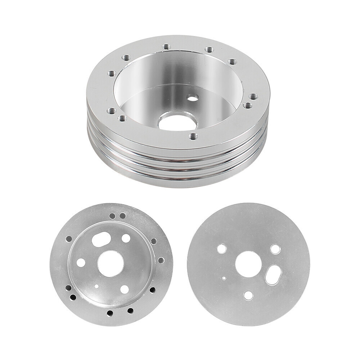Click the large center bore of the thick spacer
pos(177,122)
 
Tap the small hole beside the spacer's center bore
pos(193,97)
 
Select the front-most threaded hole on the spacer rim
pos(193,136)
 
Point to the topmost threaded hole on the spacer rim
pos(166,46)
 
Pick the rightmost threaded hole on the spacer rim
pos(253,96)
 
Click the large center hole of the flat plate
pos(248,264)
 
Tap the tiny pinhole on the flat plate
pos(224,278)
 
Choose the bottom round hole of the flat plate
pos(248,295)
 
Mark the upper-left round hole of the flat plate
pos(222,248)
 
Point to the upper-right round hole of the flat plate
pos(275,249)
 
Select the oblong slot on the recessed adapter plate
pos(101,239)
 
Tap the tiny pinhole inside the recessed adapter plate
pos(96,287)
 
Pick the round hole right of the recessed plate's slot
pos(126,238)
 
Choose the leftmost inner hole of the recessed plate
pos(81,262)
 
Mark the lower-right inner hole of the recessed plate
pos(125,289)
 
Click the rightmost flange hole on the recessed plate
pos(161,260)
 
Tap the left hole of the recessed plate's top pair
pos(112,216)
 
